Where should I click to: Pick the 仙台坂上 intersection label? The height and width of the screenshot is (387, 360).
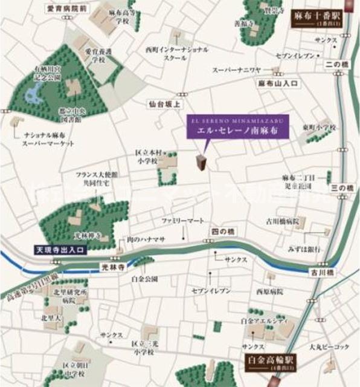click(165, 104)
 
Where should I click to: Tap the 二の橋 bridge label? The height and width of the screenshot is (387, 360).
click(333, 64)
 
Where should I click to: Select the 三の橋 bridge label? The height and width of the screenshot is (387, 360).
click(341, 189)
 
